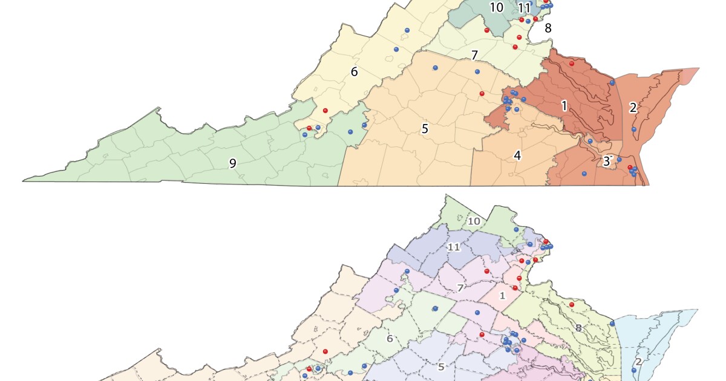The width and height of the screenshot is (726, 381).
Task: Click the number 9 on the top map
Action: click(x=232, y=163)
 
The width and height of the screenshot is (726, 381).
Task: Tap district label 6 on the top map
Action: click(x=355, y=72)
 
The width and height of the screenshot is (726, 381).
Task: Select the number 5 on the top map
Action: click(x=425, y=129)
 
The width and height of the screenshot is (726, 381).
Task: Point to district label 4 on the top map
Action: click(x=517, y=155)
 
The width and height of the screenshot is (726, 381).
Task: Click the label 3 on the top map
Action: click(x=606, y=161)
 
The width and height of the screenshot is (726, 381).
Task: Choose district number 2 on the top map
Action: click(x=633, y=108)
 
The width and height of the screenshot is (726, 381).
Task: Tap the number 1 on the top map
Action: click(x=564, y=106)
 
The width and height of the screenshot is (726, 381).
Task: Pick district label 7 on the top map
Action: click(x=475, y=56)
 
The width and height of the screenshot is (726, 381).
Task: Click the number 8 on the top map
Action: click(x=548, y=28)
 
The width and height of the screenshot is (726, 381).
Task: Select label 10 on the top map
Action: click(x=496, y=8)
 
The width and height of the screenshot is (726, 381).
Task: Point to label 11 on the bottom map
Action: click(x=454, y=247)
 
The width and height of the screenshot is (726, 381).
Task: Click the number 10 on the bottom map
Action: click(x=474, y=221)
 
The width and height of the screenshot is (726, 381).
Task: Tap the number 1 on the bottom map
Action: click(x=502, y=296)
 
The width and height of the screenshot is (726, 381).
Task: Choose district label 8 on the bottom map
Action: click(x=578, y=328)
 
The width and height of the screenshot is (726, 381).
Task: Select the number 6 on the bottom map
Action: click(x=390, y=339)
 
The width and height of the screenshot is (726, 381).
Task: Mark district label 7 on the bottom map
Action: click(x=460, y=288)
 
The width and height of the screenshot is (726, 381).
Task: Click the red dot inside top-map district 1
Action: click(x=571, y=63)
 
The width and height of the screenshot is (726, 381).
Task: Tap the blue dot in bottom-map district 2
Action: click(x=633, y=362)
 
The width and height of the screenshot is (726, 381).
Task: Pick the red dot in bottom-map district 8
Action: click(x=571, y=304)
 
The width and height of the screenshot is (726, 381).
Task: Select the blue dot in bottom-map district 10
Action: click(x=516, y=229)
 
